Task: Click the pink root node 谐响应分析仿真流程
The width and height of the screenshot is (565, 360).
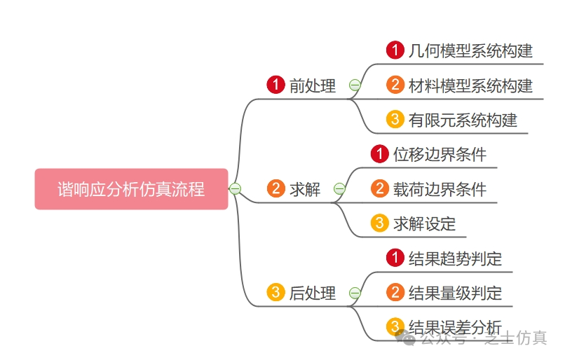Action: pos(131,189)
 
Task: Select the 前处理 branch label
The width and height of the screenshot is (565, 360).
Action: pos(313,86)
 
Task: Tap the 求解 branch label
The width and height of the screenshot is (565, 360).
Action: pos(305,189)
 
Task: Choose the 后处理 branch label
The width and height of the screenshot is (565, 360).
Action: pos(313,293)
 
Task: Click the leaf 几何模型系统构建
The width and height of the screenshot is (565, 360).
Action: pos(470,50)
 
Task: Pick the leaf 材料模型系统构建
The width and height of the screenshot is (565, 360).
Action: pos(470,85)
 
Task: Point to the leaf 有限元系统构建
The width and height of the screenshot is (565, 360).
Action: pos(463,120)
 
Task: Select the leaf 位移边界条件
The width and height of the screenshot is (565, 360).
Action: pos(440,154)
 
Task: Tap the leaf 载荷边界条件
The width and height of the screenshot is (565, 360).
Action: pos(440,189)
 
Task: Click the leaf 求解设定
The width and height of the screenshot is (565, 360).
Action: pos(424,223)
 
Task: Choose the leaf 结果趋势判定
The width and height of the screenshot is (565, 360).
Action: pos(455,258)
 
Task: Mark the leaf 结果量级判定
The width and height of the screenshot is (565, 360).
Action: pos(455,293)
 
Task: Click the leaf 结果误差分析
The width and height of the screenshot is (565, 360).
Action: pos(455,327)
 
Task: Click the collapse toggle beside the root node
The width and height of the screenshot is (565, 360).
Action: pos(236,189)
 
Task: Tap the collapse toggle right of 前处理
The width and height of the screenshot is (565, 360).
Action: pos(355,85)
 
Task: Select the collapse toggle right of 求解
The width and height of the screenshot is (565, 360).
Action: pos(339,189)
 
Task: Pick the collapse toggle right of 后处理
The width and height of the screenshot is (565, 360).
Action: pos(355,293)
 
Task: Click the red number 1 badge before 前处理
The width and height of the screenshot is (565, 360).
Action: pos(275,85)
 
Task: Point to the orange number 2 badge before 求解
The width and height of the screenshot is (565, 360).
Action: pos(275,189)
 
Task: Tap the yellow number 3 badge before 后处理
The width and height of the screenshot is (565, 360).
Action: pos(275,293)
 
